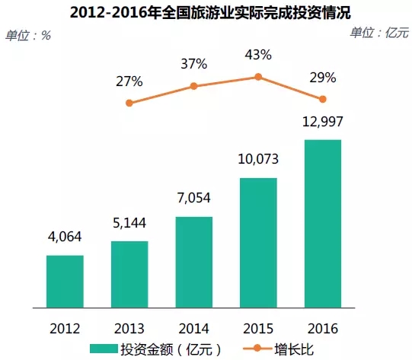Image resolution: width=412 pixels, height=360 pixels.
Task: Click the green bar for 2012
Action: (x=65, y=281)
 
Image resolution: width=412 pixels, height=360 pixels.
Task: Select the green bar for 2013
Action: (x=129, y=274)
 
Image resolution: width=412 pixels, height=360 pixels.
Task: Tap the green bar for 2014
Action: (x=194, y=262)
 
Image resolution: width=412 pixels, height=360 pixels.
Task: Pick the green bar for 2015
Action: (x=258, y=243)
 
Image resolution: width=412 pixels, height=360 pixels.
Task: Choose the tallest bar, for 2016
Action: (x=323, y=224)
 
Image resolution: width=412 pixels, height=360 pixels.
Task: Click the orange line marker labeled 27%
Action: (x=129, y=103)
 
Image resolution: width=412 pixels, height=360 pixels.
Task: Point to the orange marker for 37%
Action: (x=193, y=86)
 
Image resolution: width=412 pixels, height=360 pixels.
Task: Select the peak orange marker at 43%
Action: (x=258, y=77)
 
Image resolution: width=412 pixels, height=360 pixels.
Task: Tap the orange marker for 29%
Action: (x=323, y=99)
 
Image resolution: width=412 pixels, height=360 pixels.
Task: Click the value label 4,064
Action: (x=65, y=237)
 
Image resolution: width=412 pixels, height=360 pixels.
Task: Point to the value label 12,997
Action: (x=323, y=121)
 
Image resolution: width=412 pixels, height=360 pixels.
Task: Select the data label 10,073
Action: (x=258, y=159)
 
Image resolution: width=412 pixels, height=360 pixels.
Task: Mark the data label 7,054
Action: (x=194, y=198)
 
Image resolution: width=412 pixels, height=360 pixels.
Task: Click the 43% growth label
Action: (x=258, y=55)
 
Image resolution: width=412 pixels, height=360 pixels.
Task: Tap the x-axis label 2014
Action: (x=194, y=329)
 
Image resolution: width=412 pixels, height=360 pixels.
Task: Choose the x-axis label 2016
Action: (x=323, y=329)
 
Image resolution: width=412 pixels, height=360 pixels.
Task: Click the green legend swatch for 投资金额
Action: (x=104, y=349)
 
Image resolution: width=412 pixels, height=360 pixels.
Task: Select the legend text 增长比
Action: (x=294, y=349)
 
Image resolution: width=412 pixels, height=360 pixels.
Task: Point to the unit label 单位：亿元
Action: (x=379, y=33)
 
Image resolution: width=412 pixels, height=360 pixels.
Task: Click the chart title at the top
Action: (x=210, y=12)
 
